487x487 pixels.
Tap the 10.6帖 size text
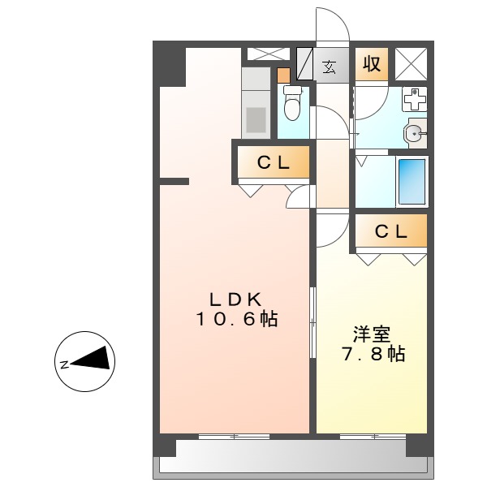coord(235,319)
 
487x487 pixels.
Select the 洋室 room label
coord(372,334)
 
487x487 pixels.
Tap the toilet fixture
coord(292,105)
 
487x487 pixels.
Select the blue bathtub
coord(412,181)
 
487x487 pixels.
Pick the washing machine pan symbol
coord(415,99)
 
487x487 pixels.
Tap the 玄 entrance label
coord(330,66)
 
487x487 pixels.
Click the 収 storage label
coord(372,64)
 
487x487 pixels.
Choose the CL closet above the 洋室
coord(391,231)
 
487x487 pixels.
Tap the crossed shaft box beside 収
coord(411,64)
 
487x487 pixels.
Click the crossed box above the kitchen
coord(267,54)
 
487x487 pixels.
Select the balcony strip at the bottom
coord(292,462)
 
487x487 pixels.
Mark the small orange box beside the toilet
coord(282,76)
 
